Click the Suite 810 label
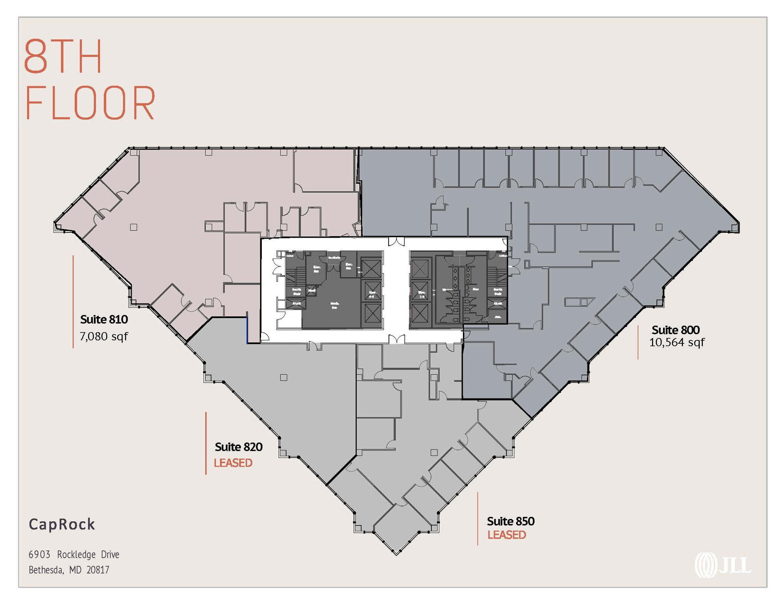(104, 319)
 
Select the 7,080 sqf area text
(104, 336)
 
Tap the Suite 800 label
(675, 330)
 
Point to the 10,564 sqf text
(676, 342)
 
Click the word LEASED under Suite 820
(233, 463)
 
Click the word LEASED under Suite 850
(506, 535)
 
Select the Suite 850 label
(510, 521)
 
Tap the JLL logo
(722, 565)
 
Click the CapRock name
(62, 524)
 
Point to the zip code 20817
(98, 570)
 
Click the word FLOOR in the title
(90, 103)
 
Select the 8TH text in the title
(63, 57)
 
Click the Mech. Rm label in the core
(334, 305)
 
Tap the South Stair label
(297, 291)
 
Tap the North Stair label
(498, 291)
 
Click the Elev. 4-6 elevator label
(372, 294)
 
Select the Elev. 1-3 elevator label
(422, 294)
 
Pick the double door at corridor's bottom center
(396, 339)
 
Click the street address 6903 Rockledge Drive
(74, 554)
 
